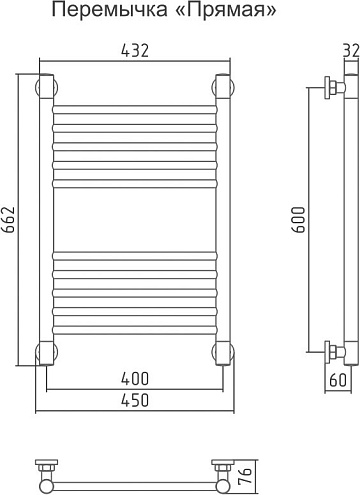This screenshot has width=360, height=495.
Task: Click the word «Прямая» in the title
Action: [x=226, y=11]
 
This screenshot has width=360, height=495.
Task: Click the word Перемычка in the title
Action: [x=110, y=11]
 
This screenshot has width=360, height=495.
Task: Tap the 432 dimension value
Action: [x=135, y=51]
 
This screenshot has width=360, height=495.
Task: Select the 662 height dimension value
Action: [x=9, y=220]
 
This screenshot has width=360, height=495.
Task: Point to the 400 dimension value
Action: [x=135, y=379]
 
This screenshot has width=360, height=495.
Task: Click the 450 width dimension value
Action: [x=135, y=400]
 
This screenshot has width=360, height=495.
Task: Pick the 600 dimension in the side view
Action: [x=299, y=220]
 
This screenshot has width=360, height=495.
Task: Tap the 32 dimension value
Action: [x=351, y=51]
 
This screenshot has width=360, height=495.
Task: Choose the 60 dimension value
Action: [x=338, y=380]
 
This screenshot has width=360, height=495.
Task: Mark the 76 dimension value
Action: [x=245, y=476]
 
